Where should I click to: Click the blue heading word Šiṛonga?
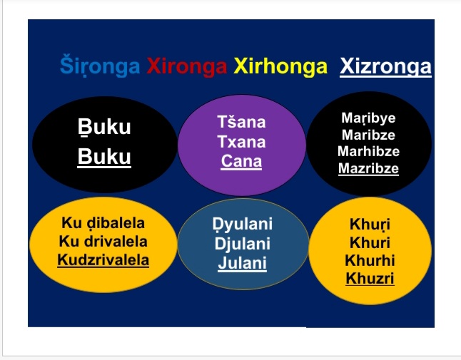(100, 66)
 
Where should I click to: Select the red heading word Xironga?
(187, 66)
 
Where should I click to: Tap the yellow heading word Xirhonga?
(280, 66)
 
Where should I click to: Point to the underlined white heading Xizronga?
(385, 67)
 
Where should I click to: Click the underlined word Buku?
(104, 157)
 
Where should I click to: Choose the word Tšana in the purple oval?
(241, 122)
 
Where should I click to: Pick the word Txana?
(241, 142)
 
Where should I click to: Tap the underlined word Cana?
(241, 161)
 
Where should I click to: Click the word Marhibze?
(368, 152)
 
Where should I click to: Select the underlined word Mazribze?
(368, 168)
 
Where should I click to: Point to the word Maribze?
(368, 135)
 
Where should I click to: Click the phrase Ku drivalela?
(103, 242)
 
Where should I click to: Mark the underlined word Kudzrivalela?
(103, 260)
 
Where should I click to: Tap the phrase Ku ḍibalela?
(103, 223)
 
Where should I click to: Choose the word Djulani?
(242, 244)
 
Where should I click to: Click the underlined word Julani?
(242, 263)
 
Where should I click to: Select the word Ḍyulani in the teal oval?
(242, 224)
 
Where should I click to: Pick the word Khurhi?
(370, 260)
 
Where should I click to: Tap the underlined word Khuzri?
(370, 278)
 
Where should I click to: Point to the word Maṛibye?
(368, 118)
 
